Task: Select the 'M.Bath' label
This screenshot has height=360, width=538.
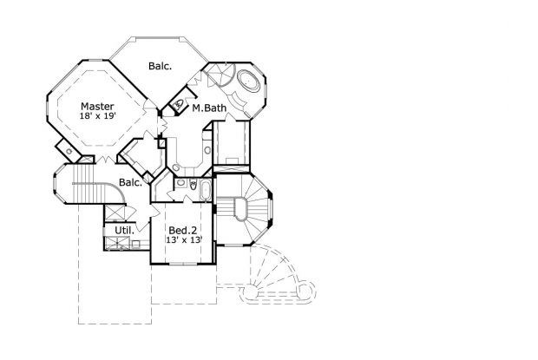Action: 210,108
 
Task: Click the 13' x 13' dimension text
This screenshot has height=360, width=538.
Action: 183,240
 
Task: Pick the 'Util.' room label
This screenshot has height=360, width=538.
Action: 112,231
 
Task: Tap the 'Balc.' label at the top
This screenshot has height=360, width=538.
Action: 160,65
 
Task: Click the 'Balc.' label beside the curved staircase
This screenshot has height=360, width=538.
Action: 130,183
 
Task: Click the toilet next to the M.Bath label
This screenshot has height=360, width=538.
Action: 180,106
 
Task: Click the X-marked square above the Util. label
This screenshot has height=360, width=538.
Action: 115,213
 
